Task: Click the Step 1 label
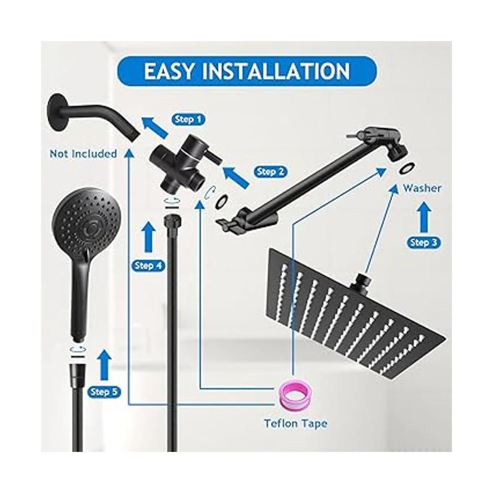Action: point(188,120)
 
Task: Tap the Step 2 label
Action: point(270,172)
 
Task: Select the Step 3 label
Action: point(424,242)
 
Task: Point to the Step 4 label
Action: point(148,266)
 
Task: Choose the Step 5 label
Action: point(104,392)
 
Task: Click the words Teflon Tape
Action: point(296,424)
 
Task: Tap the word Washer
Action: point(422,188)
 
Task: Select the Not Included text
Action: point(83,154)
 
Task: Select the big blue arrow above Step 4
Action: point(148,237)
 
